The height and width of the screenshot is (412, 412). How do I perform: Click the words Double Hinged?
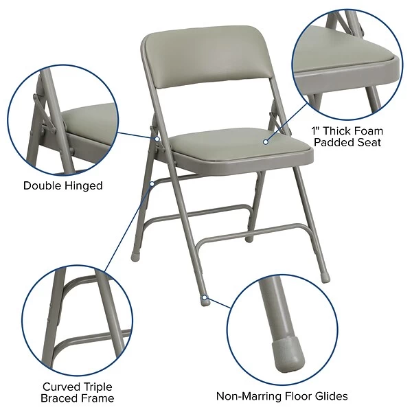click(x=62, y=185)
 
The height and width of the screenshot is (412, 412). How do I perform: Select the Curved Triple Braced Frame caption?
click(x=78, y=392)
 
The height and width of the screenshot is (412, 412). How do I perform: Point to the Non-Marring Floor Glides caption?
click(x=282, y=396)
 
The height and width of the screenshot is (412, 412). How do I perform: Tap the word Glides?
click(x=329, y=396)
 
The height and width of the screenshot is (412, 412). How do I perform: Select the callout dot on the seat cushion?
click(x=265, y=142)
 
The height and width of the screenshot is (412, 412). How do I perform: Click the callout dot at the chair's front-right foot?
click(x=206, y=298)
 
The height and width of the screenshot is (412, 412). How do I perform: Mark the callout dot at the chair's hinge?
click(x=157, y=138)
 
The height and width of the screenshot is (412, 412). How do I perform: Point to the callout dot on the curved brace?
click(x=151, y=183)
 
